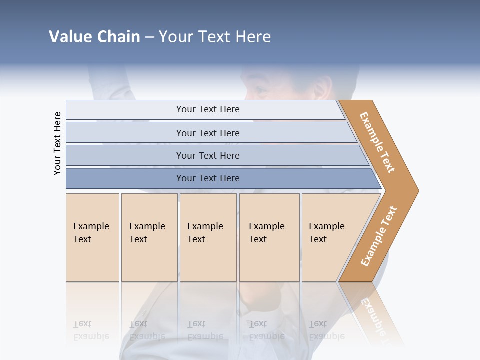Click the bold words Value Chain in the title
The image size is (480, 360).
[x=94, y=37]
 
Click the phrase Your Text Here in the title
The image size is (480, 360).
[x=215, y=37]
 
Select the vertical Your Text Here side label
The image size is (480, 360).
[x=57, y=143]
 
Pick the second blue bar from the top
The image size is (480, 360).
[x=207, y=133]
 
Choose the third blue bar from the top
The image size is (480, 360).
[x=207, y=155]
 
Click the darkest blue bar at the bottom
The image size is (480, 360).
[x=207, y=178]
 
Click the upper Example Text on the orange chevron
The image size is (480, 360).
[x=377, y=142]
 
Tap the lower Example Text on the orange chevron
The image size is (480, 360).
[x=379, y=236]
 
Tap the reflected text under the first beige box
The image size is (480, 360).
[x=91, y=330]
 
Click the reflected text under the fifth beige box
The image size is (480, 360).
[x=326, y=330]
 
